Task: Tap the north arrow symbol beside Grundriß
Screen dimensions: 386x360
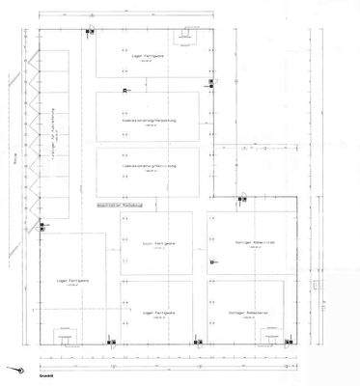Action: coord(14,370)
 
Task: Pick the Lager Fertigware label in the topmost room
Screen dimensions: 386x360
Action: coord(149,57)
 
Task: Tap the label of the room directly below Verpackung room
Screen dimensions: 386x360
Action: coord(149,166)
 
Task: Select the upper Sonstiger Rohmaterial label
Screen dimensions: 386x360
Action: coord(248,242)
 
